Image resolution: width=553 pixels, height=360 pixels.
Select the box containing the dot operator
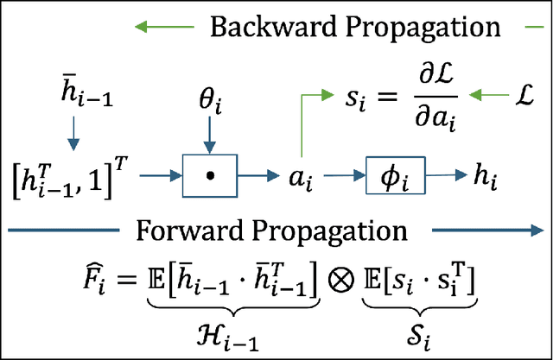point(208,176)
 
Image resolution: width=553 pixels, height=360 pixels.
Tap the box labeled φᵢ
point(397,175)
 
